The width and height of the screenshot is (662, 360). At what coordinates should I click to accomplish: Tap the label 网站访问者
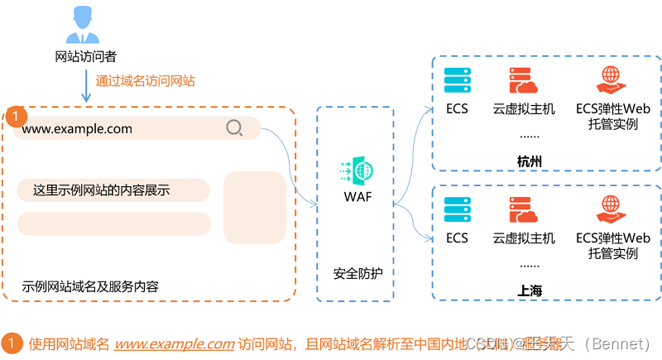click(x=84, y=57)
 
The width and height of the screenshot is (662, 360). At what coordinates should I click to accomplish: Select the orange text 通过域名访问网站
click(x=145, y=81)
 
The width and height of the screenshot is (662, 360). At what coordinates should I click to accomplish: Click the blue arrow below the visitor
click(x=85, y=85)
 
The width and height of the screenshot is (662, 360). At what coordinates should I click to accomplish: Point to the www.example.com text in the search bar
click(x=77, y=128)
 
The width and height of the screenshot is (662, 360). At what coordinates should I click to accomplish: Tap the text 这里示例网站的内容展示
click(x=101, y=190)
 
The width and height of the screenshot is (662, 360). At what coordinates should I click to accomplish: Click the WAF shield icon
click(x=358, y=171)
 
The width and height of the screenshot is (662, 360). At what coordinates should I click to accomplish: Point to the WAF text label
click(x=358, y=196)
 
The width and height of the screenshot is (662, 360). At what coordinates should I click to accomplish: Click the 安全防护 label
click(x=358, y=273)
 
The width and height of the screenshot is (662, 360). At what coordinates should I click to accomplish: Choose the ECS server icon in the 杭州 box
click(x=457, y=80)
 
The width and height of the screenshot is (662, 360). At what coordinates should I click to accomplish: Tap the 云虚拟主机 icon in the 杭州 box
click(x=524, y=80)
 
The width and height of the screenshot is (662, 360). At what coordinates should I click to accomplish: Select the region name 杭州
click(x=530, y=161)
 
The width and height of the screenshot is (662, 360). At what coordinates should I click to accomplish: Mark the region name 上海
click(x=530, y=290)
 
